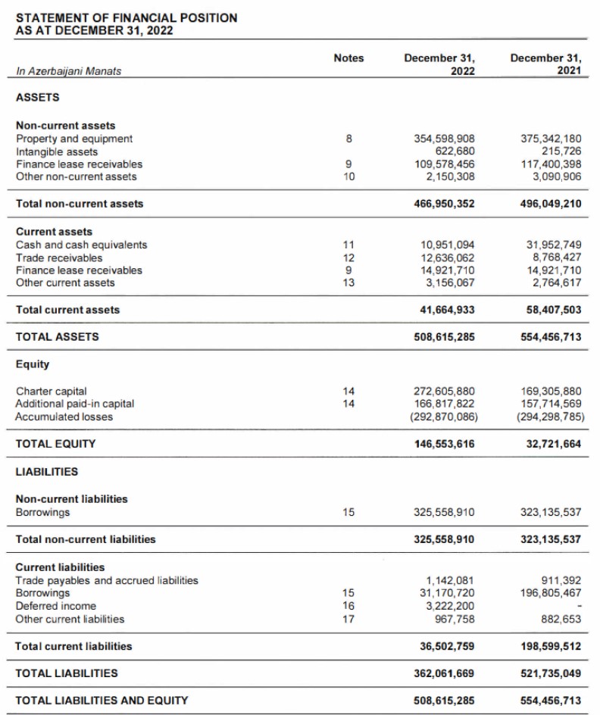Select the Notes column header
(348, 58)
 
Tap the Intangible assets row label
(57, 151)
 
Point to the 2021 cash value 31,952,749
(552, 245)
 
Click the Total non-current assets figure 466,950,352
(444, 204)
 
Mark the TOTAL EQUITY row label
(55, 444)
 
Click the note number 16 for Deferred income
(348, 606)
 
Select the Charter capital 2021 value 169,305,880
(552, 392)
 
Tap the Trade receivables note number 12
(348, 258)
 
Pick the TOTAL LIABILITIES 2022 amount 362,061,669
(444, 673)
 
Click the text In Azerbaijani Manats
(68, 71)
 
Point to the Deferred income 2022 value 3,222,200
(449, 606)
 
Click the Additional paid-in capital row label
(75, 404)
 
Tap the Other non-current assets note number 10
(348, 176)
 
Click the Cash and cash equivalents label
(82, 245)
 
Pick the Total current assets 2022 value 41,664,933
(447, 310)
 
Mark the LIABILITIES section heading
(47, 472)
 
